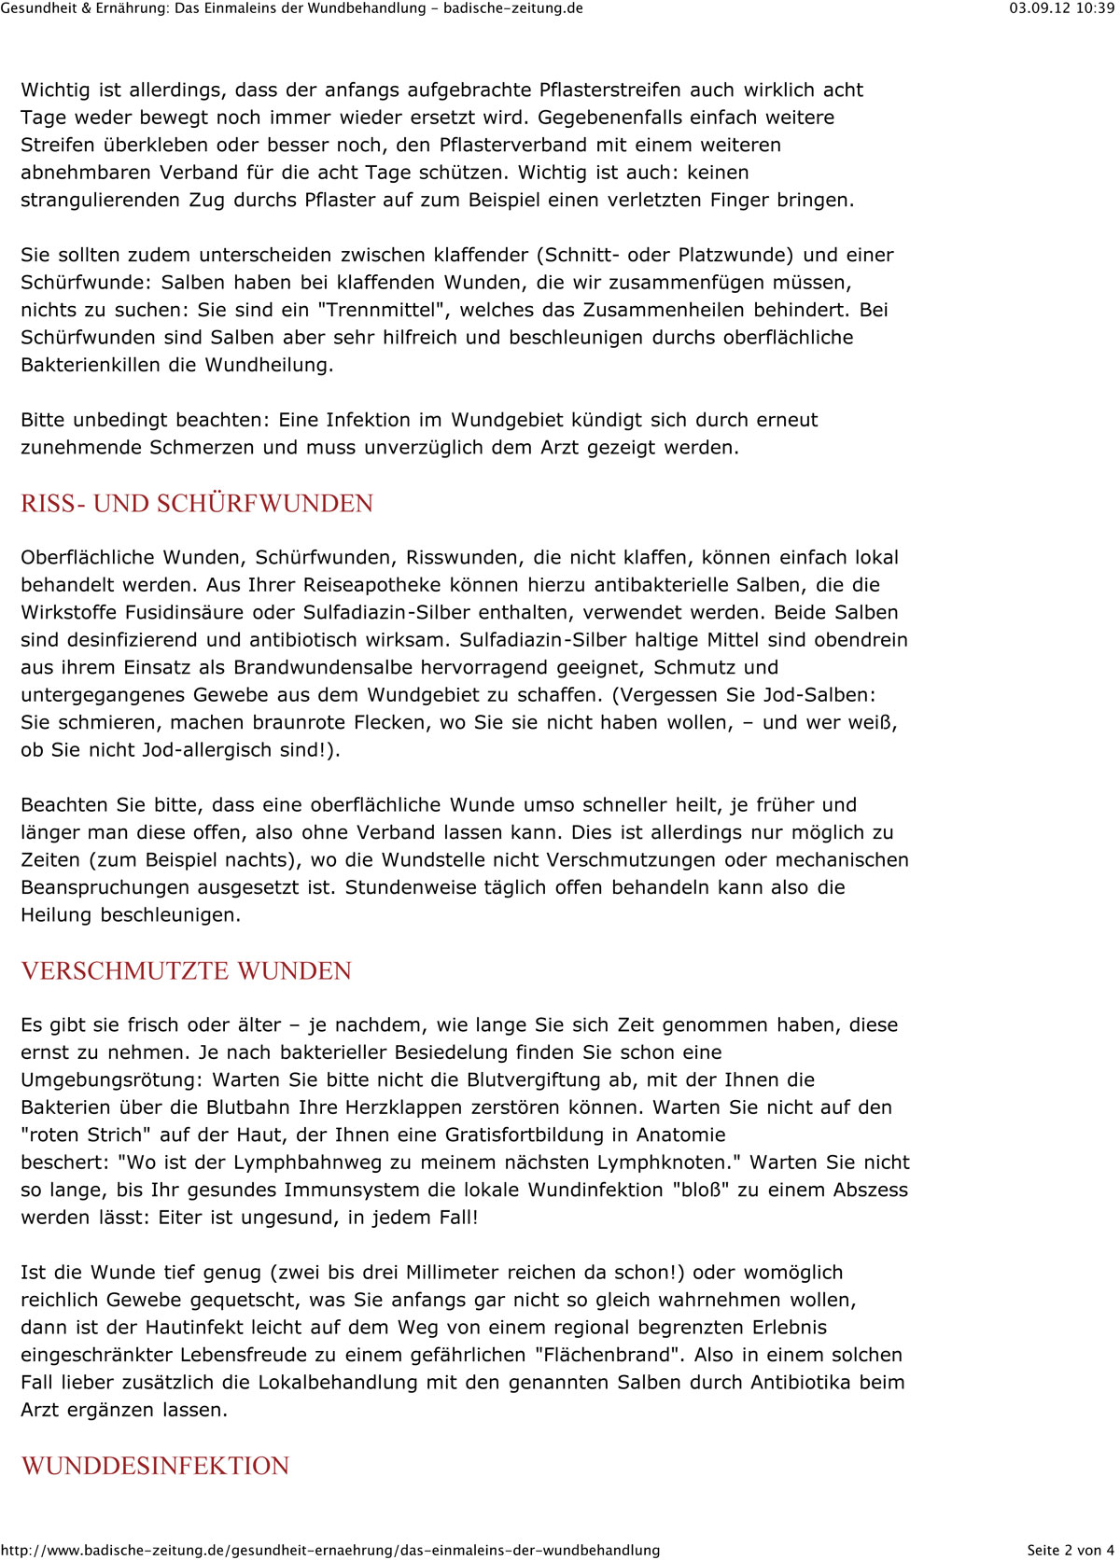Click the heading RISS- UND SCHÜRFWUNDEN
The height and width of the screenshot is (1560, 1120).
coord(197,504)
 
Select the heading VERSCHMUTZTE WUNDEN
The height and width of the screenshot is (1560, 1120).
coord(187,971)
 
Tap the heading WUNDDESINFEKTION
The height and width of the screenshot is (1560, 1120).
coord(155,1466)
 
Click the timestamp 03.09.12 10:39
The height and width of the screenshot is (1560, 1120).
coord(1061,8)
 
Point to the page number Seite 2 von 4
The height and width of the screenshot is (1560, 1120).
coord(1070,1550)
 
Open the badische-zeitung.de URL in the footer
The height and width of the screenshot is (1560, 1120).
coord(330,1550)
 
